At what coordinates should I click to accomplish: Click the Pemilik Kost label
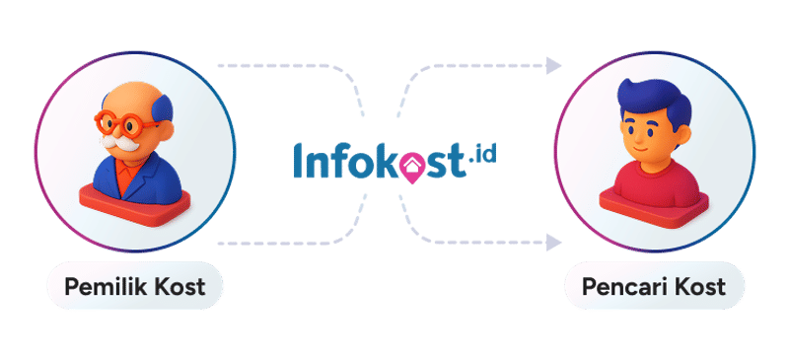coord(134,288)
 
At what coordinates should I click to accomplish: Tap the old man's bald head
coord(133,99)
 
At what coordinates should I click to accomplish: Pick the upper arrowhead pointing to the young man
coord(554,66)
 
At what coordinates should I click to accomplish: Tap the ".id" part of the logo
coord(483,157)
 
